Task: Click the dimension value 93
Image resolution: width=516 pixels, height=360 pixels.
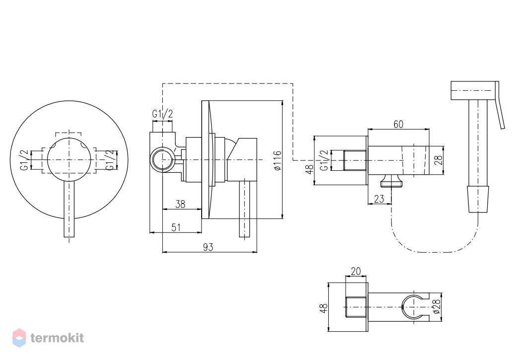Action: pos(208,247)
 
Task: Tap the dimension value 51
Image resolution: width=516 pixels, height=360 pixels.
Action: pos(176,227)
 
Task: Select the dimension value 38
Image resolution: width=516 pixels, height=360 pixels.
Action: pos(180,204)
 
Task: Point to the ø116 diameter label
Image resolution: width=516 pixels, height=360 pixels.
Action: pos(278,160)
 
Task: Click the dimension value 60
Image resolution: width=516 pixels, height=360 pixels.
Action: pos(398,125)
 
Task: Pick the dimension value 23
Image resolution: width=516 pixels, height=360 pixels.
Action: pos(379,199)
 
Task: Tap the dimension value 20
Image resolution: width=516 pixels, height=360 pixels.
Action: pos(356,271)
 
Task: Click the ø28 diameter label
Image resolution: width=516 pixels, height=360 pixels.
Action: pos(437,306)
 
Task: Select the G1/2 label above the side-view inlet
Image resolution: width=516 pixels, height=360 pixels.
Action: pos(162,114)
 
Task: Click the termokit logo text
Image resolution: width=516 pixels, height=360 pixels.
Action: pos(57,338)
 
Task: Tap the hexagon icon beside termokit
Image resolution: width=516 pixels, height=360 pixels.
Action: pos(19,338)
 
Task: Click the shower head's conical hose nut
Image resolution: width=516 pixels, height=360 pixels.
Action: pos(478,199)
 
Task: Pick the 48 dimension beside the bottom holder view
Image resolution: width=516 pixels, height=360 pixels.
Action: pos(324,308)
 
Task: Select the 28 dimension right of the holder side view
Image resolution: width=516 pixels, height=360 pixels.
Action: pos(439,160)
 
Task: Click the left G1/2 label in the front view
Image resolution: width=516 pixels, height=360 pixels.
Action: pos(24,160)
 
